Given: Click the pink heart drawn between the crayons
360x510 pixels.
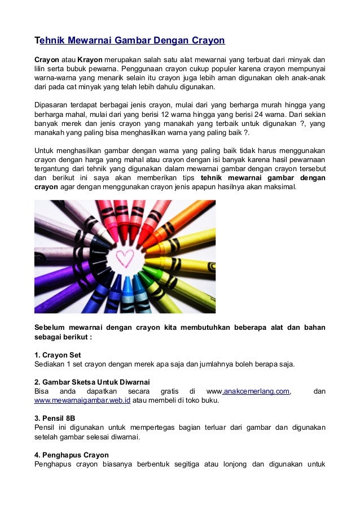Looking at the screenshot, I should (124, 258).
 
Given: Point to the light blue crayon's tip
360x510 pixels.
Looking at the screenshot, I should (127, 278).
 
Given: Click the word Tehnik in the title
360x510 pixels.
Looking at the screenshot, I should (50, 41).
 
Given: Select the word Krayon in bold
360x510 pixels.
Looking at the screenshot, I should (90, 59).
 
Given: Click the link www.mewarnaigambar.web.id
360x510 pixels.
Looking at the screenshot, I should (83, 400).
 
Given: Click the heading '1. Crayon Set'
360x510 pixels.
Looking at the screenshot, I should (58, 355).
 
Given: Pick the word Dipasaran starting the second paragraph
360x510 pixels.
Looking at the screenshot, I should (51, 104).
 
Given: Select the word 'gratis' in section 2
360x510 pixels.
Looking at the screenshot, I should (169, 391).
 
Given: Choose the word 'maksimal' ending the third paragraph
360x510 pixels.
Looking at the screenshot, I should (287, 186).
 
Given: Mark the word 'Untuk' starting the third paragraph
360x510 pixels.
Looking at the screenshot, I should (45, 150).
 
